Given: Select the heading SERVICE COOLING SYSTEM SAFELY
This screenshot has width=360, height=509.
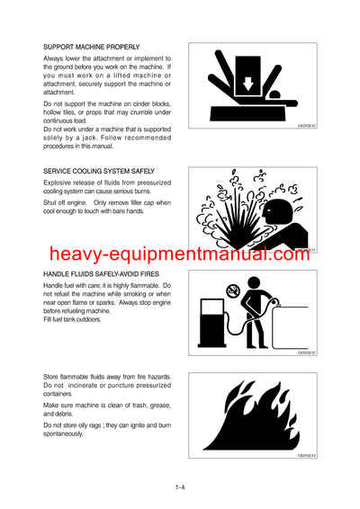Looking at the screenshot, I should tap(99, 170).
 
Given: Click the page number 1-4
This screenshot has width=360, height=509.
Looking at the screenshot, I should tap(181, 488).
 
